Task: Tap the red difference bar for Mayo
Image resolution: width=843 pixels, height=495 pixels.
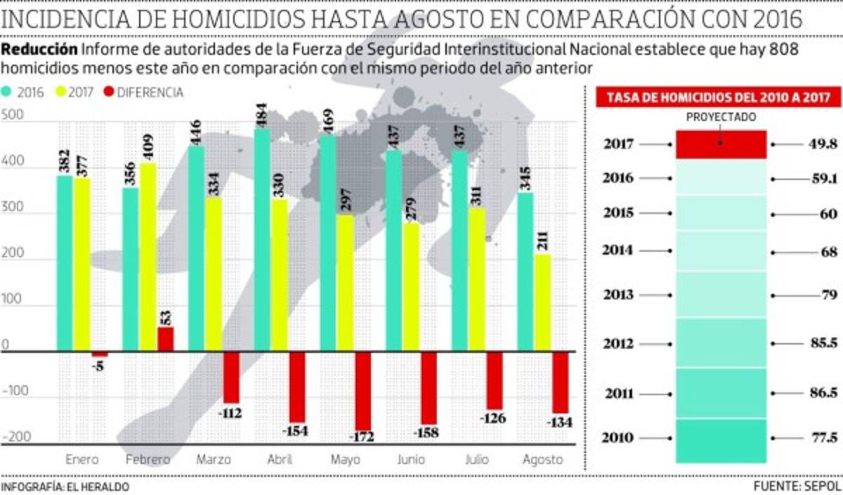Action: tap(362, 391)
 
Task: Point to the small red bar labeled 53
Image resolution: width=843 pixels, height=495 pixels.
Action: tap(165, 339)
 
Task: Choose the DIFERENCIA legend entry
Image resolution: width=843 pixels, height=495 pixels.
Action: tap(143, 92)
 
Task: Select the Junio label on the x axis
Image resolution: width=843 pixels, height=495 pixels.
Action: tap(410, 460)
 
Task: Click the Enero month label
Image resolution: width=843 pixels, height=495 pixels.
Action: tap(81, 460)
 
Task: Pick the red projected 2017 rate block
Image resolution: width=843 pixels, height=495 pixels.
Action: tap(721, 145)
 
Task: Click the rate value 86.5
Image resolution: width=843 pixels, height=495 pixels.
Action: tap(823, 394)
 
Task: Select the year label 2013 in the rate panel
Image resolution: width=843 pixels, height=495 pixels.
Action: tap(618, 295)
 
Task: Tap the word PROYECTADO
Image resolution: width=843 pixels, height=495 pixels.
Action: tap(720, 117)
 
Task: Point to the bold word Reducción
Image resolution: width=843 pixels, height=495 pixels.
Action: tap(39, 50)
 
